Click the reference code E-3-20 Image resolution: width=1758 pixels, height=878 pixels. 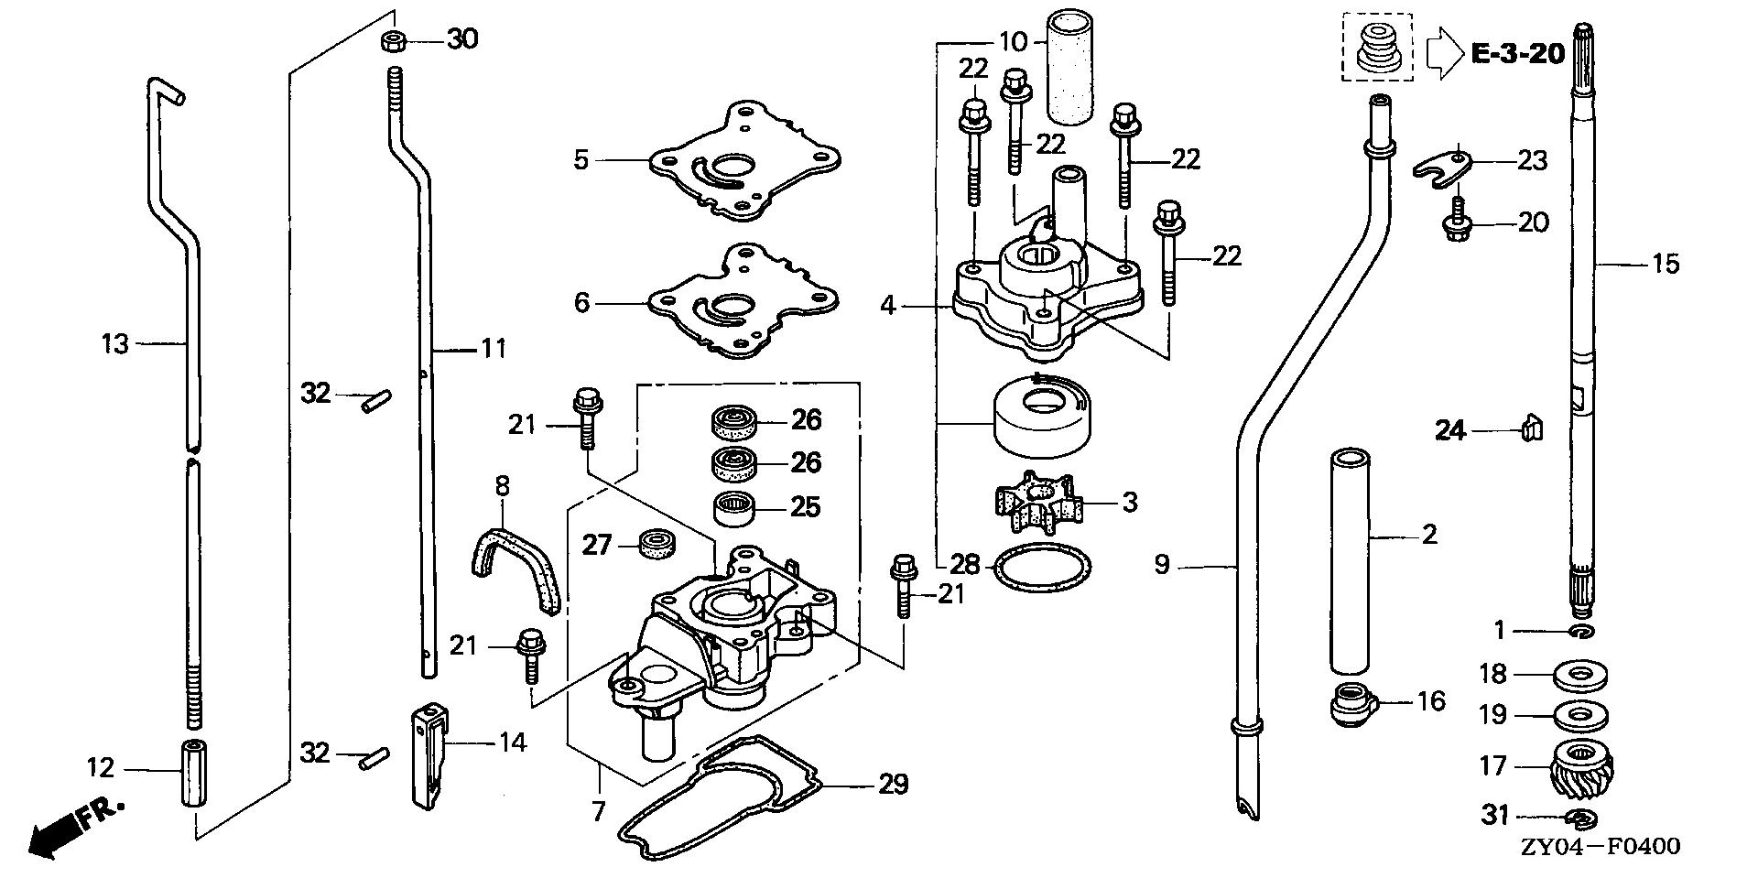click(1517, 54)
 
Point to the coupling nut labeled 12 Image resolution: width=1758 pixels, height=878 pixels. click(193, 772)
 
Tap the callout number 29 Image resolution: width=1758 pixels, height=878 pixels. click(893, 785)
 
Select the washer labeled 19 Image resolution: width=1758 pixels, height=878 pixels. click(1581, 714)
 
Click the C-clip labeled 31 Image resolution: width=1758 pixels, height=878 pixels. click(1581, 817)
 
